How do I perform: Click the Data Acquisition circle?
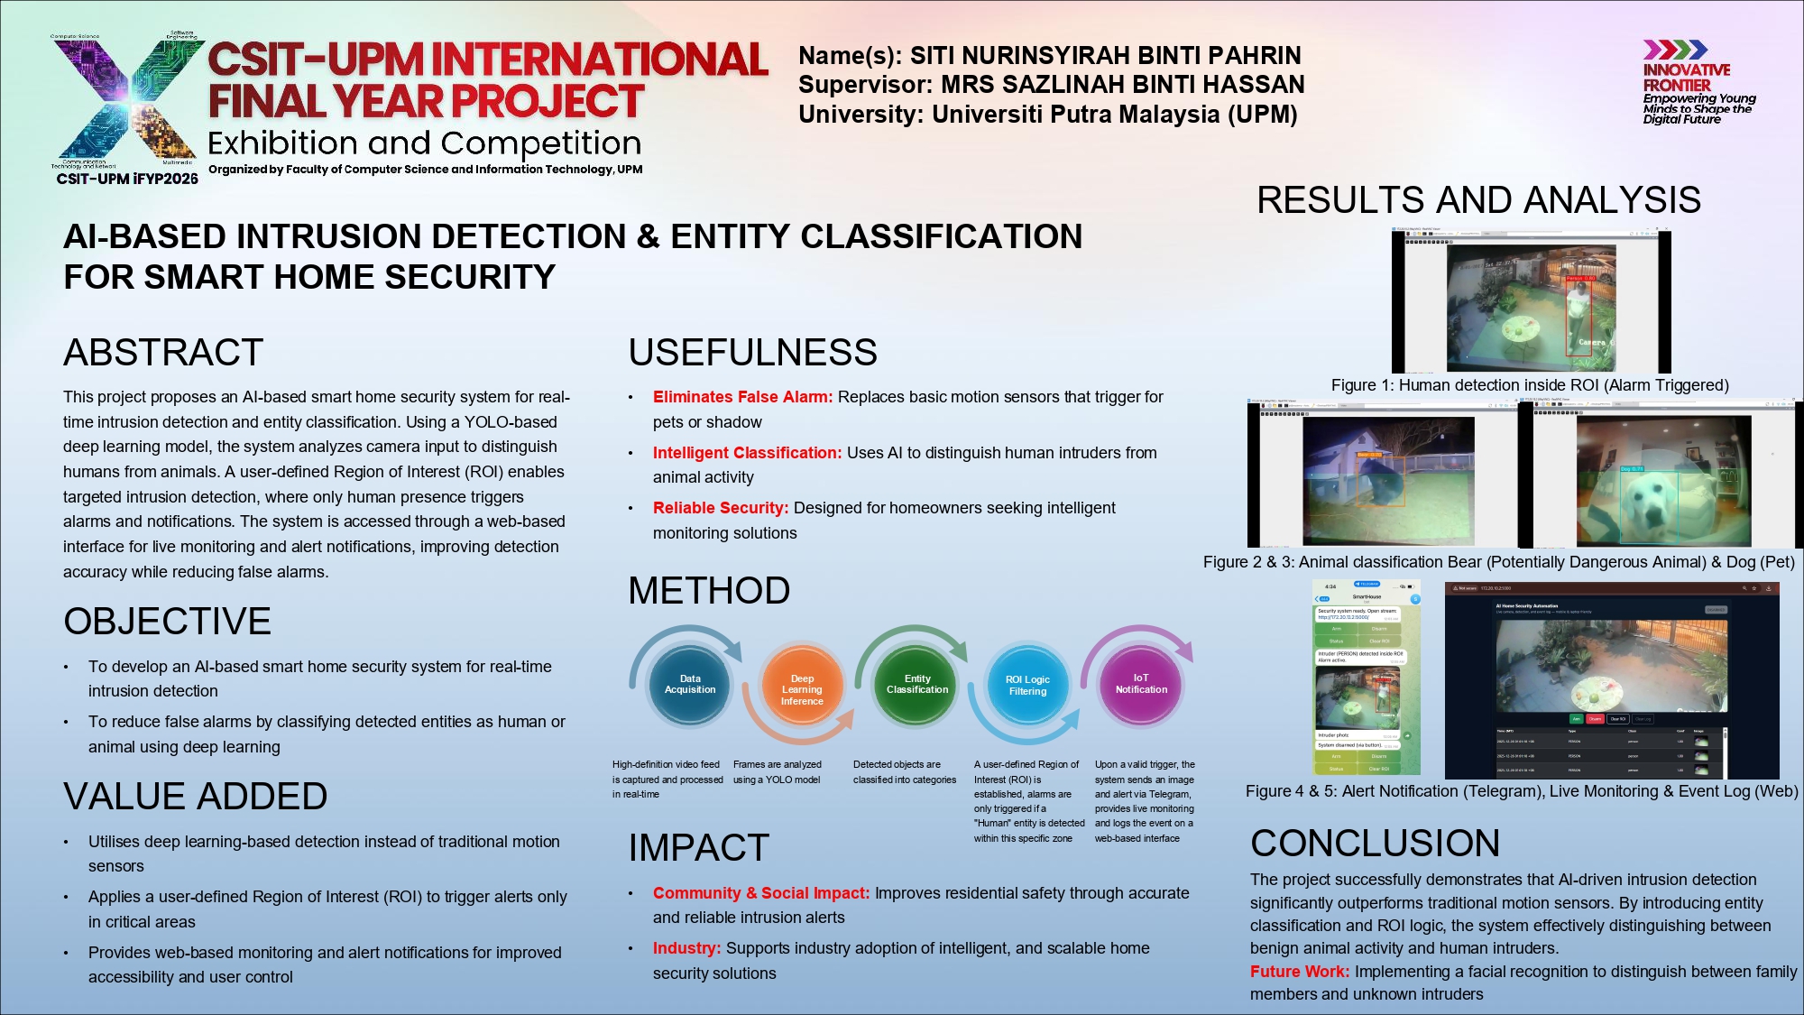pyautogui.click(x=690, y=684)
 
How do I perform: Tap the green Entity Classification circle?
pyautogui.click(x=916, y=684)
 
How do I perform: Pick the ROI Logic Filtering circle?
pyautogui.click(x=1027, y=686)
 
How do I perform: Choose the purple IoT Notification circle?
pyautogui.click(x=1141, y=684)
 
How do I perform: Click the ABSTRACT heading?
pyautogui.click(x=163, y=352)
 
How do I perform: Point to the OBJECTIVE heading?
pyautogui.click(x=167, y=621)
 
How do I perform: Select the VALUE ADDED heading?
pyautogui.click(x=195, y=796)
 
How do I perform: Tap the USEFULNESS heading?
pyautogui.click(x=752, y=352)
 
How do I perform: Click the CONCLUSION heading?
pyautogui.click(x=1375, y=843)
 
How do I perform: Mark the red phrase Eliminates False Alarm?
pyautogui.click(x=742, y=397)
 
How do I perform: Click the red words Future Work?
pyautogui.click(x=1299, y=972)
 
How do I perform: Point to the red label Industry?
pyautogui.click(x=686, y=948)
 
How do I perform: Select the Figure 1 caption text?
pyautogui.click(x=1530, y=385)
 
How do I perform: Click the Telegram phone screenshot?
pyautogui.click(x=1366, y=678)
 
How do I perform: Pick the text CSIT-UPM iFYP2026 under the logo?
pyautogui.click(x=127, y=179)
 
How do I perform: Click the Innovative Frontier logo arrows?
pyautogui.click(x=1674, y=50)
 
